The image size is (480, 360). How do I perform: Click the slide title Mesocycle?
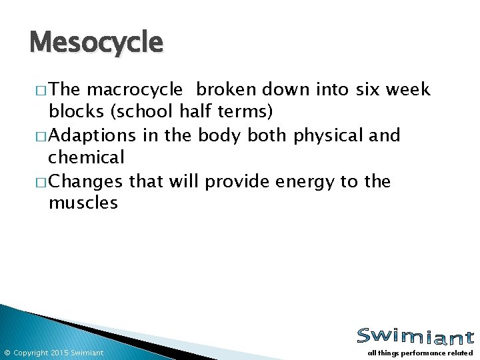click(96, 43)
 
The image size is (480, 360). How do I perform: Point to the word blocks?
click(75, 111)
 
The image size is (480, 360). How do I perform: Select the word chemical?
click(86, 157)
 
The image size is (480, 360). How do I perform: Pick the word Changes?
click(86, 182)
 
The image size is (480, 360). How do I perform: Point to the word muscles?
click(83, 203)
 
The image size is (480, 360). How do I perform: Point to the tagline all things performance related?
click(420, 353)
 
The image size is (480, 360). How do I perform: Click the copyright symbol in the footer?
click(7, 353)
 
